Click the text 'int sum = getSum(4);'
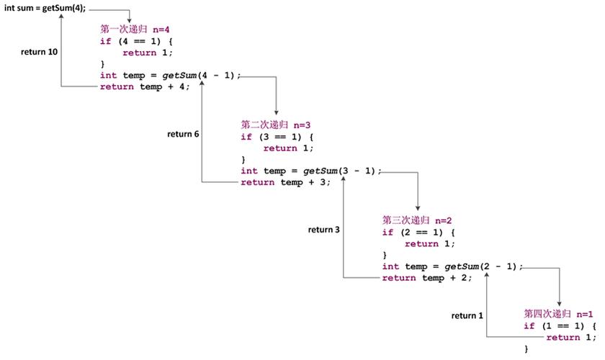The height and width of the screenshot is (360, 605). coord(45,8)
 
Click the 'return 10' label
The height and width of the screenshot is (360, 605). coord(39,52)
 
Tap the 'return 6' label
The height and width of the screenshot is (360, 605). coord(183,134)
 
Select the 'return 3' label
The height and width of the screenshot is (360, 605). coord(323,230)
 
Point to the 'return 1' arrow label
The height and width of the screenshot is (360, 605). coord(467,315)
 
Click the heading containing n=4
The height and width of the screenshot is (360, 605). coord(135,30)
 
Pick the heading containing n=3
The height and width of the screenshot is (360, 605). coord(275,125)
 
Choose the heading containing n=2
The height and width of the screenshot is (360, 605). coord(417,220)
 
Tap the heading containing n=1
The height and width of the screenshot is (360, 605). coord(558,314)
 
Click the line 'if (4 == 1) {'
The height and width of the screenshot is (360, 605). coord(136,41)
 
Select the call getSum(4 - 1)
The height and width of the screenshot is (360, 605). coord(198,76)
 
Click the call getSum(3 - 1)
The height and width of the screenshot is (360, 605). coord(339,171)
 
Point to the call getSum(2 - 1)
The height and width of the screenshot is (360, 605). coord(480,266)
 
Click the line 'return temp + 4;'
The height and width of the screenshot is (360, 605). coord(145,87)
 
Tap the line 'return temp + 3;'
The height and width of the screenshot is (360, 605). coord(285,182)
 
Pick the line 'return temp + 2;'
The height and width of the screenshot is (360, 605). coord(426,278)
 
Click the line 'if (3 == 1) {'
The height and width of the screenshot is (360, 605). coord(277,137)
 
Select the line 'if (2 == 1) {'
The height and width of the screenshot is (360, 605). coord(418,233)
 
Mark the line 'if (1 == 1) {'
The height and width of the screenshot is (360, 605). coord(560,325)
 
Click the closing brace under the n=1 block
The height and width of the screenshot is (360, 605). coord(526,348)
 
